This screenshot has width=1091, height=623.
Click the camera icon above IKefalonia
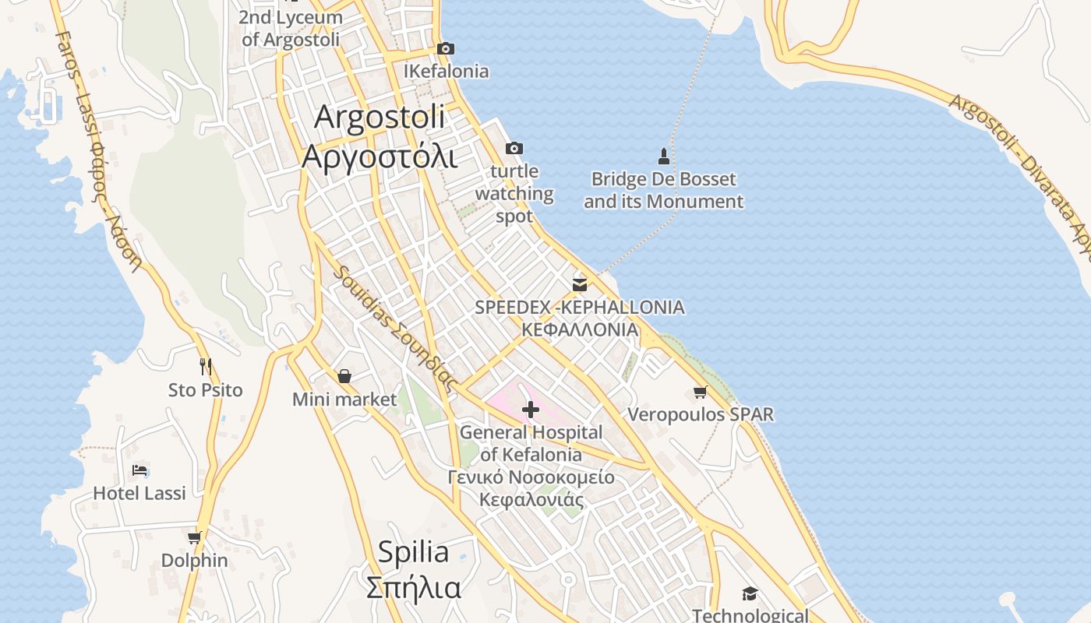click(445, 49)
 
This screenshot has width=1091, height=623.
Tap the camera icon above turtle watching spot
click(514, 148)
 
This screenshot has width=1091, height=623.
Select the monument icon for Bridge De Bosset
click(664, 157)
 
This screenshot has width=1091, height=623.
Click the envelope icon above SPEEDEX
click(580, 284)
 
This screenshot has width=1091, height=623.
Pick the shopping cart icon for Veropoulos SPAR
click(700, 392)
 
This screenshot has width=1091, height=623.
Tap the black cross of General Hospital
click(531, 410)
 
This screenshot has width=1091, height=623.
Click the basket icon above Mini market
click(344, 377)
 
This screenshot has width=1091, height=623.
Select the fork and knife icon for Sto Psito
click(206, 366)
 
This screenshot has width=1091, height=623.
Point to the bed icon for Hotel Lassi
click(140, 470)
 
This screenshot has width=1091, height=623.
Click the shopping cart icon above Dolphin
click(194, 537)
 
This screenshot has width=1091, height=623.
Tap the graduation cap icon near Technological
click(750, 594)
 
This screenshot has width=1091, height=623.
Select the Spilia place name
click(413, 552)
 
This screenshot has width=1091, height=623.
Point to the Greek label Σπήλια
click(413, 587)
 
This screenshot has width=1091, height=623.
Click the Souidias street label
click(394, 328)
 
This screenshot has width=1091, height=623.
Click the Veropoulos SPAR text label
click(701, 414)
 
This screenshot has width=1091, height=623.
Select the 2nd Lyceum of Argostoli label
click(291, 28)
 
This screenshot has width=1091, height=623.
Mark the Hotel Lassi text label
click(139, 493)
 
